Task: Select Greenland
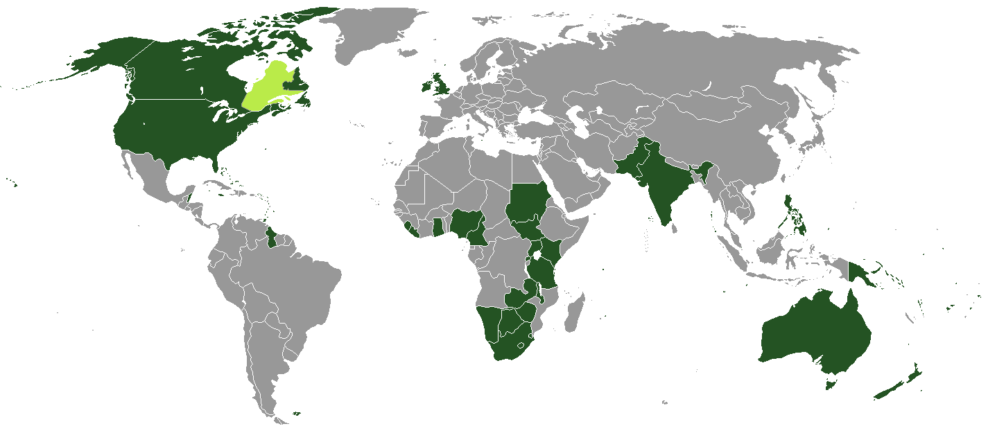click(374, 31)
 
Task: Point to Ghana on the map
click(437, 227)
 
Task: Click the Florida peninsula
click(216, 163)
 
